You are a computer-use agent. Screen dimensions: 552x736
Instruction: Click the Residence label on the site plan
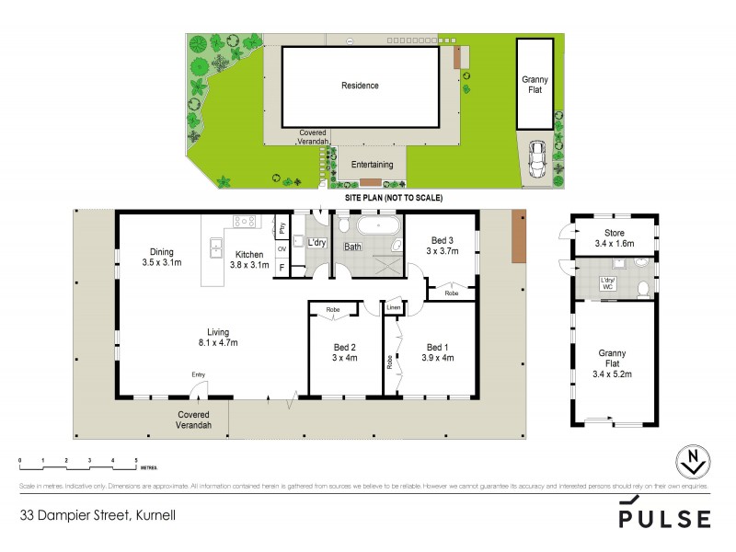point(360,86)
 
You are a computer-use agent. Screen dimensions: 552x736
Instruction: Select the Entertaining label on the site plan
point(372,165)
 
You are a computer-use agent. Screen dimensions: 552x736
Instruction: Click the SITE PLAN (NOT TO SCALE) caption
point(393,198)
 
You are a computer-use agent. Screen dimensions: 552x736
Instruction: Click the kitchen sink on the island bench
point(215,247)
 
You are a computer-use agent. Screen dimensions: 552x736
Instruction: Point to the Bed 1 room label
point(435,352)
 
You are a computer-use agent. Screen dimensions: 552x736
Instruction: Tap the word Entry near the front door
point(199,374)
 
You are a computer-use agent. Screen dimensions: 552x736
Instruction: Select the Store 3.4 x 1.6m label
point(614,238)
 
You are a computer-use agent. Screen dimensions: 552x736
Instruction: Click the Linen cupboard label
point(393,306)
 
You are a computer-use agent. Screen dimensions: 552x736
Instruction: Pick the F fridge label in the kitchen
point(282,268)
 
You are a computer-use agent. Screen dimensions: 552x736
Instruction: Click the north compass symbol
point(692,462)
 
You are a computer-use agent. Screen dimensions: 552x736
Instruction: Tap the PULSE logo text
point(663,518)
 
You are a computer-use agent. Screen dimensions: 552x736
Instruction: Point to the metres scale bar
point(78,459)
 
